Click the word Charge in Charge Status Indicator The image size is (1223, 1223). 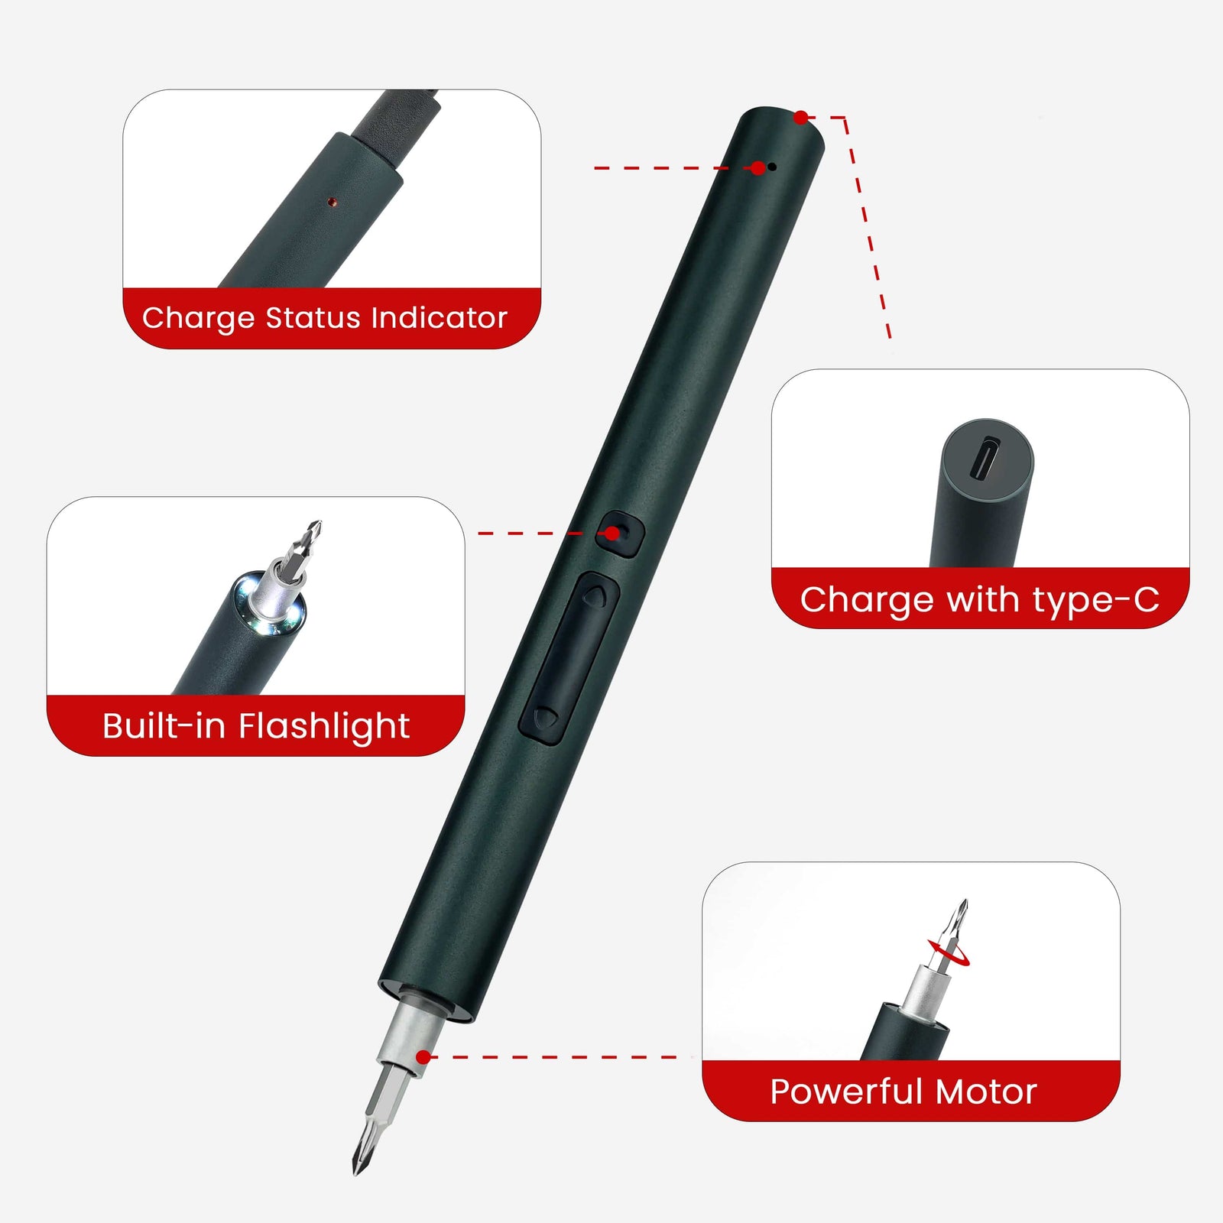click(198, 318)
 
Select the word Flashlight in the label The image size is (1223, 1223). click(324, 726)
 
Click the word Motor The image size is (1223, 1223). click(986, 1091)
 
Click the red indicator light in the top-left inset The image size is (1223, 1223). click(331, 202)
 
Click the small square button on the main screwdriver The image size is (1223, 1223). click(620, 533)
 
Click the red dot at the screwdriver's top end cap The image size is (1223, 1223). click(800, 117)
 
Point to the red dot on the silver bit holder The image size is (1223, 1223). click(423, 1057)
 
